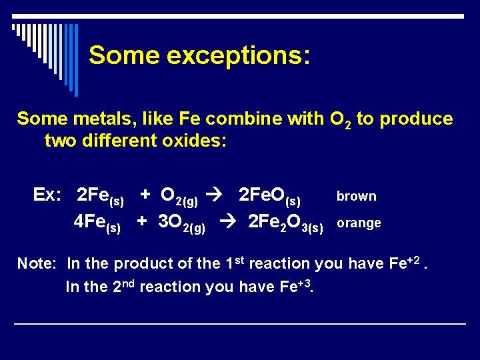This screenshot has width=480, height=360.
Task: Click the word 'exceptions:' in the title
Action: (238, 55)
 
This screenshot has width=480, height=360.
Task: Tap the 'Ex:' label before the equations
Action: (47, 195)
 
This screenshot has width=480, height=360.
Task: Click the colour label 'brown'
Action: (357, 197)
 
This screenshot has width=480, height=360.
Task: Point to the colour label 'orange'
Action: (359, 223)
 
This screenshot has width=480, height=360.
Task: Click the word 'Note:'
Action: (37, 263)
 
